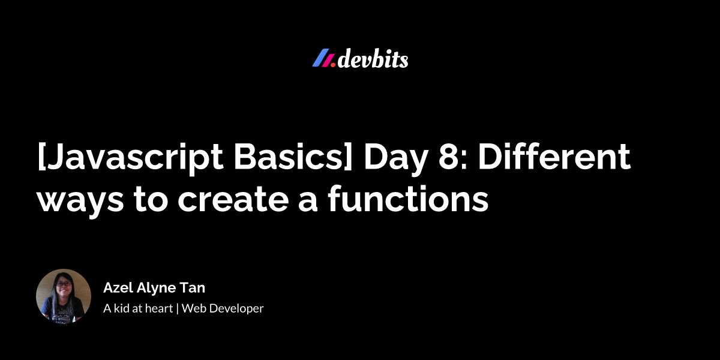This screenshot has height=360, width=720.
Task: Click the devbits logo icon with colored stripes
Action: coord(323,59)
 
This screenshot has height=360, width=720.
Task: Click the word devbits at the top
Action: coord(373,59)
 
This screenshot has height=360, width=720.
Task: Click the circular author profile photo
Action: coord(64,296)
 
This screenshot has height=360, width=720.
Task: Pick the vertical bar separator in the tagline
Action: coord(178,309)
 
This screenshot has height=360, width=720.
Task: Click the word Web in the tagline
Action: coord(193,309)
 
